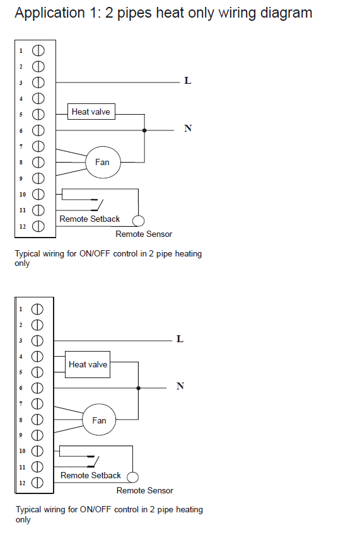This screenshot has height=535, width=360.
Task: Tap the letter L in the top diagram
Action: [x=188, y=81]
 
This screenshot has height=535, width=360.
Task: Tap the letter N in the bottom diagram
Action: [x=180, y=386]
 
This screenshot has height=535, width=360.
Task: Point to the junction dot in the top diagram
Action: [x=144, y=130]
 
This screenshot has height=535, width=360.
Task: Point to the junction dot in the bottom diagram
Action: [x=138, y=388]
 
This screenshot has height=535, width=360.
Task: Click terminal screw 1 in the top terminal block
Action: [x=38, y=50]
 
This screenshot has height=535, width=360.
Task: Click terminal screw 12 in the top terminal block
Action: [x=38, y=226]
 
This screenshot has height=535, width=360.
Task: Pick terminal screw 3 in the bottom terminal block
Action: [x=37, y=340]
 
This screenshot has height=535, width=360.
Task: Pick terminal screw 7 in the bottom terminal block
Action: [x=37, y=404]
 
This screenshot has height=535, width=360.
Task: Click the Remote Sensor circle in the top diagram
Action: [x=138, y=221]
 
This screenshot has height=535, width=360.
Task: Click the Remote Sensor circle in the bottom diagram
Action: [x=133, y=477]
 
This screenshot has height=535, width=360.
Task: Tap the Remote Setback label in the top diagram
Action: [x=90, y=219]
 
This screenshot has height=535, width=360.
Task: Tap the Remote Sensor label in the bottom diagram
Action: [x=144, y=490]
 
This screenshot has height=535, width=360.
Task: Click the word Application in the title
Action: [x=50, y=13]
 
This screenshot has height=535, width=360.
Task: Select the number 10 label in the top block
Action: [x=23, y=195]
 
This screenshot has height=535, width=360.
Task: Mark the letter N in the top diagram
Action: [x=188, y=129]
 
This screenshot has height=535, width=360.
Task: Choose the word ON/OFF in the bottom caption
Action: [x=96, y=509]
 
